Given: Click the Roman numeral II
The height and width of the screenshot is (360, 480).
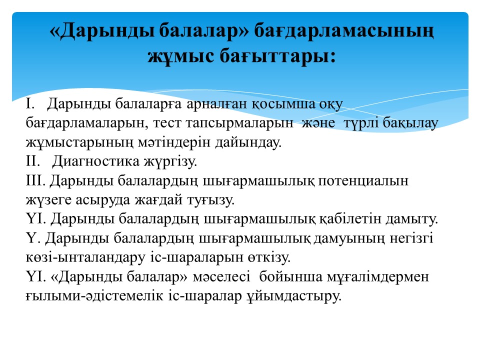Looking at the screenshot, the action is pyautogui.click(x=33, y=160).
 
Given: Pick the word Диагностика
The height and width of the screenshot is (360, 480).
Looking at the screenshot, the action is pyautogui.click(x=95, y=161).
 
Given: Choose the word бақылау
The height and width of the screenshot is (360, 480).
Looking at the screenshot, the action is pyautogui.click(x=410, y=123).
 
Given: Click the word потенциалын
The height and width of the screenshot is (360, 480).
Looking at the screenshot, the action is pyautogui.click(x=363, y=181).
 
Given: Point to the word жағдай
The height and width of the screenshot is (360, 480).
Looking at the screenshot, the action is pyautogui.click(x=158, y=200).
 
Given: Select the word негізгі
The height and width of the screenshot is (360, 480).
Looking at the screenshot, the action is pyautogui.click(x=411, y=238).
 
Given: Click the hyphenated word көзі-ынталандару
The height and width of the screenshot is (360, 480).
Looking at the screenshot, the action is pyautogui.click(x=85, y=257).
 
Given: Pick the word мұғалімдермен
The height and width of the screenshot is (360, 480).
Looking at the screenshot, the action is pyautogui.click(x=378, y=277).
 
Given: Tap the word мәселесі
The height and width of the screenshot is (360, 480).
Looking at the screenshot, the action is pyautogui.click(x=221, y=276).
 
